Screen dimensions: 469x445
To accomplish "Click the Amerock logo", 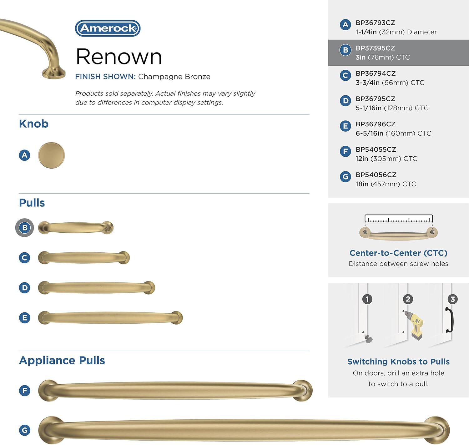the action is (x=108, y=28).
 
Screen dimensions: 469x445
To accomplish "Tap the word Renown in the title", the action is (x=119, y=57).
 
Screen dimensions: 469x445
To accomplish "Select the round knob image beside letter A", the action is (x=51, y=155).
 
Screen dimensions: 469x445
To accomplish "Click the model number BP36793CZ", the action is (x=375, y=23).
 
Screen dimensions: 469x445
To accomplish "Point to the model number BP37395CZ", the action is (x=375, y=48).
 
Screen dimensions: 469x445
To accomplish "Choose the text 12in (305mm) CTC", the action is (x=386, y=159).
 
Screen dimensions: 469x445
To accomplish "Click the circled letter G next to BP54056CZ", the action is (x=345, y=177).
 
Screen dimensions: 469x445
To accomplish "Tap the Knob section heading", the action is (x=34, y=124).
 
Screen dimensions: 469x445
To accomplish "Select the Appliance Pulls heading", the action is (x=62, y=360).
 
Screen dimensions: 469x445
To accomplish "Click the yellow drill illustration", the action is (x=414, y=325).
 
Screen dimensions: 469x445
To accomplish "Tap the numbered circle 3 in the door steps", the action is (x=452, y=299).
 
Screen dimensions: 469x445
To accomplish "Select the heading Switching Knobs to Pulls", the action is (x=398, y=362).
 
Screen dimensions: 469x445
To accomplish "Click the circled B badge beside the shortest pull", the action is (x=25, y=228).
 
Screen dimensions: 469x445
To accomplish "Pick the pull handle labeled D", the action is (x=97, y=287).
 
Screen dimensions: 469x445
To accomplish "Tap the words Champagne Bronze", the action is (x=174, y=77).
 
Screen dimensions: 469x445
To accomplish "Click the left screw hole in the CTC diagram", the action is (x=365, y=232).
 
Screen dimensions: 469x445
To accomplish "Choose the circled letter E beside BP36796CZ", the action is (x=345, y=126).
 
